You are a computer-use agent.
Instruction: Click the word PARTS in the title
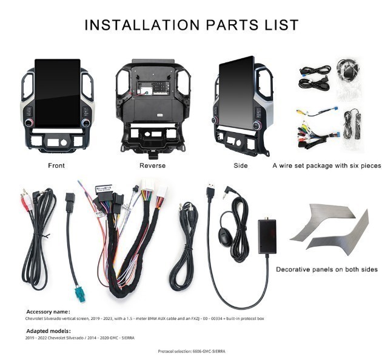pos(232,25)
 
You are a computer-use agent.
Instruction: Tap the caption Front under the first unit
pos(56,165)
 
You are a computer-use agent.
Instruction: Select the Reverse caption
pos(153,165)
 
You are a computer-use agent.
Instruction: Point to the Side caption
pos(241,165)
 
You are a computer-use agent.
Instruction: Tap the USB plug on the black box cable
pos(211,190)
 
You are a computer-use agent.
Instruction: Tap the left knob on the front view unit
pos(29,122)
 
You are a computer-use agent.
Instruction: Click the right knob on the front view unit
pos(85,123)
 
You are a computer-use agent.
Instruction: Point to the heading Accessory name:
pos(49,312)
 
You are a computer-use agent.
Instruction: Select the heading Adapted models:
pos(49,331)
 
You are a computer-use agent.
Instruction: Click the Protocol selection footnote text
pos(192,352)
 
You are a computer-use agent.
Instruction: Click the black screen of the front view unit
pos(58,93)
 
